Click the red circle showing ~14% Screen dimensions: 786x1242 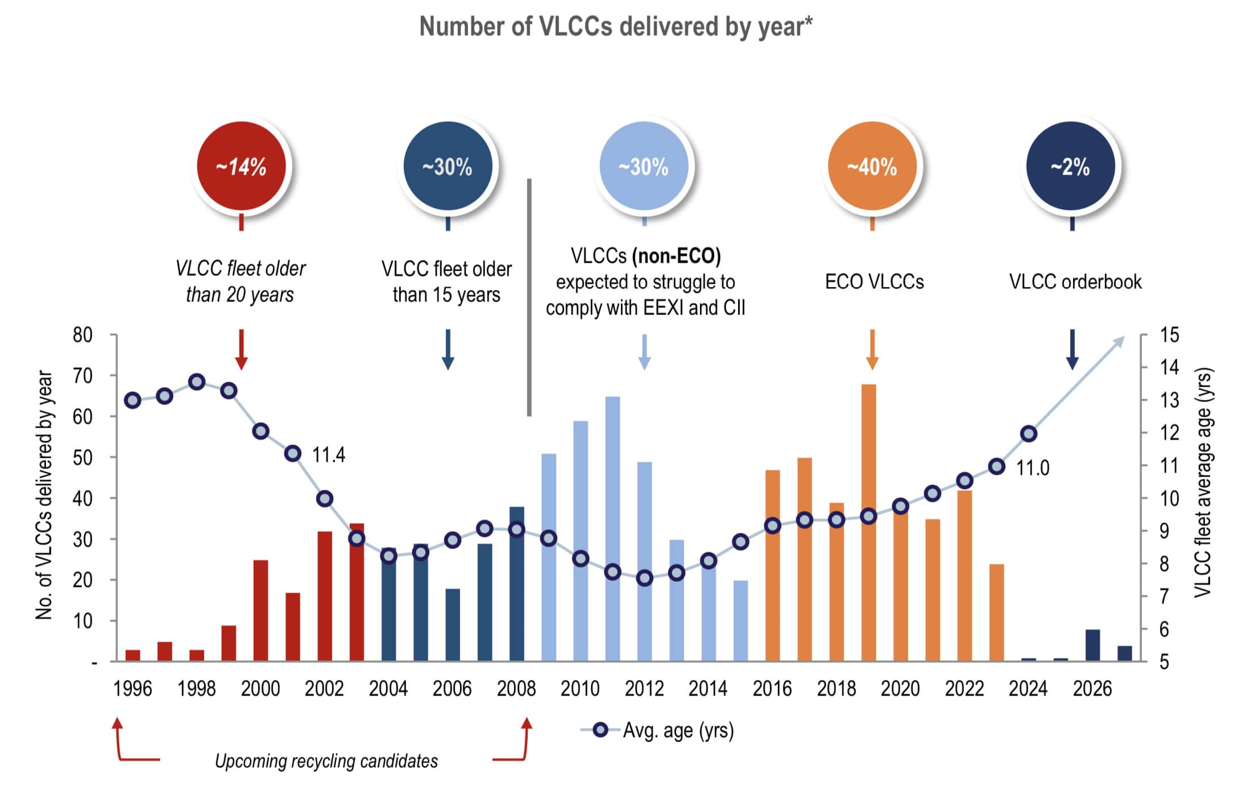[x=242, y=166]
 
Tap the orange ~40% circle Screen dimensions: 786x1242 [x=872, y=166]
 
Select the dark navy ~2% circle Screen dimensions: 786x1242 [x=1071, y=166]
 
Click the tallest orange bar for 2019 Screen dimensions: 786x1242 [x=868, y=455]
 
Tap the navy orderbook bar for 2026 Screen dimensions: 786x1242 [x=1092, y=646]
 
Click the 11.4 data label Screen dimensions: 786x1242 [x=329, y=455]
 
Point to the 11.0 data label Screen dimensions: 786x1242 [x=1032, y=468]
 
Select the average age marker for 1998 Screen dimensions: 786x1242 [x=197, y=382]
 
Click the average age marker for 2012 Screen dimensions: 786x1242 [x=644, y=578]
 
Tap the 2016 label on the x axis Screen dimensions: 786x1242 [x=772, y=689]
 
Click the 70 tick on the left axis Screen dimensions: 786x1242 [x=82, y=376]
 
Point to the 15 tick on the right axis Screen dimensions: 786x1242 [x=1169, y=335]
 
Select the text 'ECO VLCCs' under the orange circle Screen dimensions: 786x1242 [x=874, y=282]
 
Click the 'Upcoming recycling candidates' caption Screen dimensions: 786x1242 [x=326, y=761]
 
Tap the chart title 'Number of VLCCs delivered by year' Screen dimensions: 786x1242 [x=616, y=27]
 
